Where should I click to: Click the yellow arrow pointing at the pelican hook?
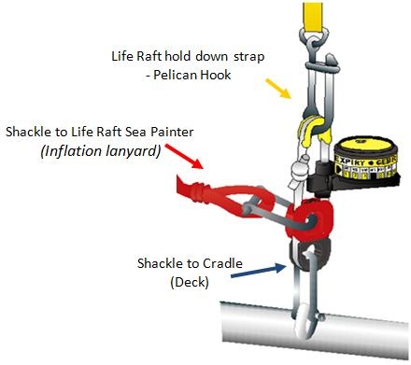pyautogui.click(x=278, y=89)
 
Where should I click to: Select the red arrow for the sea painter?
pyautogui.click(x=184, y=156)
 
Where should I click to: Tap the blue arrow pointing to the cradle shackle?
pyautogui.click(x=259, y=271)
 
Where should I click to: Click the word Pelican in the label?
pyautogui.click(x=175, y=75)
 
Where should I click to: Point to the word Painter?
pyautogui.click(x=172, y=132)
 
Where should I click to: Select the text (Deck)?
pyautogui.click(x=190, y=282)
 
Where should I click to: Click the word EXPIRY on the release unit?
pyautogui.click(x=350, y=161)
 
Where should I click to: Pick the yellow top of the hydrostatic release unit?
pyautogui.click(x=365, y=147)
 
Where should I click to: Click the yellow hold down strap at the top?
pyautogui.click(x=313, y=16)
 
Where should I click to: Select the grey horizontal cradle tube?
pyautogui.click(x=315, y=330)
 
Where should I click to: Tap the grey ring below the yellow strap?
pyautogui.click(x=314, y=36)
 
